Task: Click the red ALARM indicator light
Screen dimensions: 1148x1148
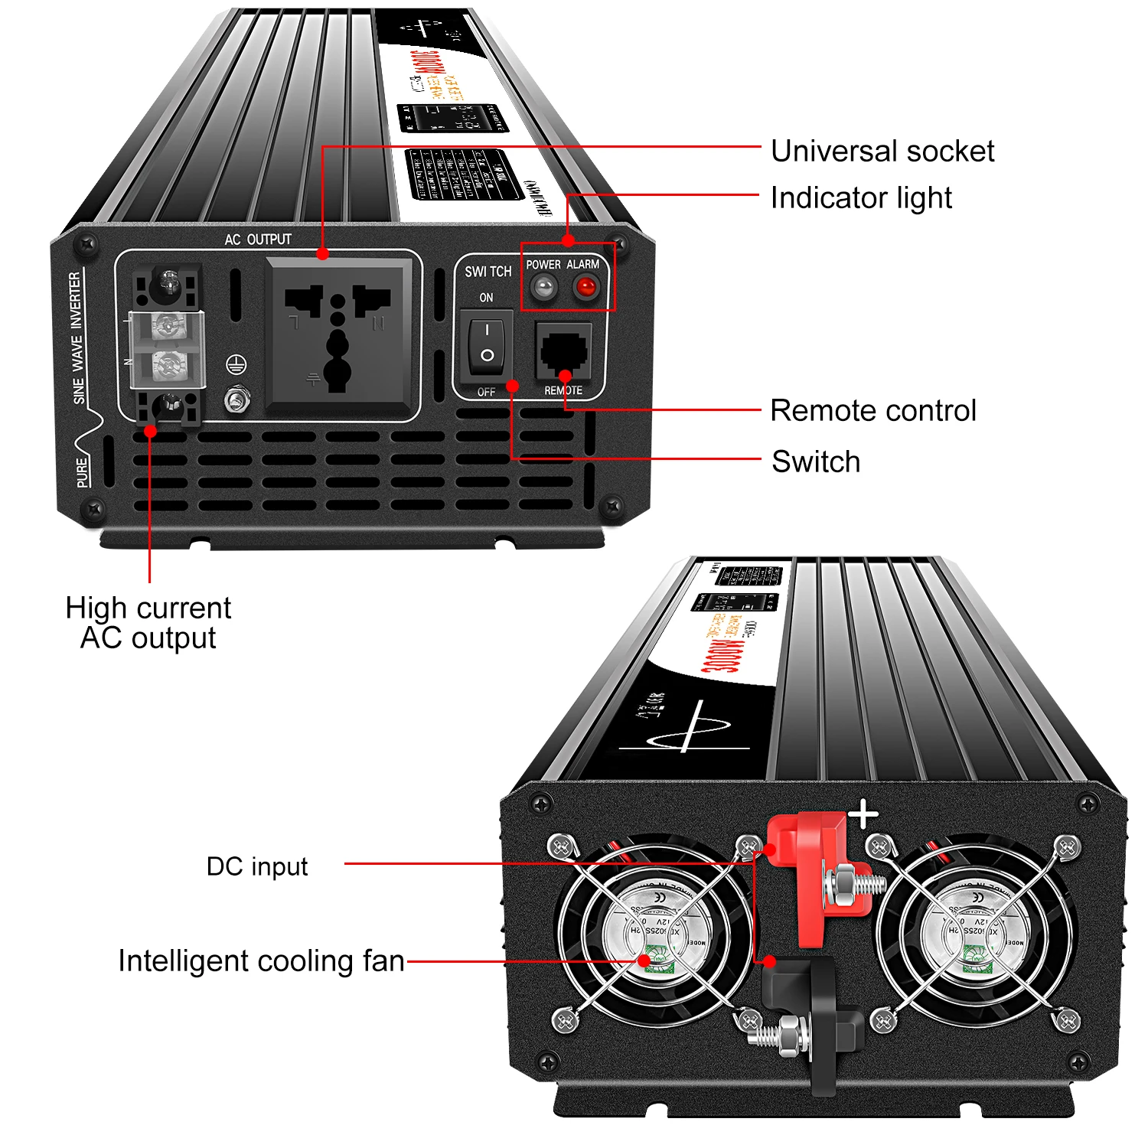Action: tap(585, 288)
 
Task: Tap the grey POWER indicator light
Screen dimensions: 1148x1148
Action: tap(543, 288)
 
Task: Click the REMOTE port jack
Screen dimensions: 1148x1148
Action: tap(564, 351)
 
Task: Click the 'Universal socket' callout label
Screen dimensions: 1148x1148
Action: tap(882, 152)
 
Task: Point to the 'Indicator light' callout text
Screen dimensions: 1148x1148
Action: tap(860, 198)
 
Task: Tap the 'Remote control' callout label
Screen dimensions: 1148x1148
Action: tap(872, 411)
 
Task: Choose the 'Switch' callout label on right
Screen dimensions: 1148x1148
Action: tap(816, 462)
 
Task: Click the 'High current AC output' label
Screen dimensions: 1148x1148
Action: tap(148, 623)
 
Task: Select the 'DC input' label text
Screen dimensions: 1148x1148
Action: tap(257, 866)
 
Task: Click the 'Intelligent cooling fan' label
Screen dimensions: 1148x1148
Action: tap(261, 961)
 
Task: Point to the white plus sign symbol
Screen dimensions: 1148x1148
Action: tap(864, 814)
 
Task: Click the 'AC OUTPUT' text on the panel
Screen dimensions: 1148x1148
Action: tap(258, 240)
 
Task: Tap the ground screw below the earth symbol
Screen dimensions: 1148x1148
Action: tap(236, 400)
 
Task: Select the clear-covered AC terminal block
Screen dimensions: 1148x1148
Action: tap(166, 349)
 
